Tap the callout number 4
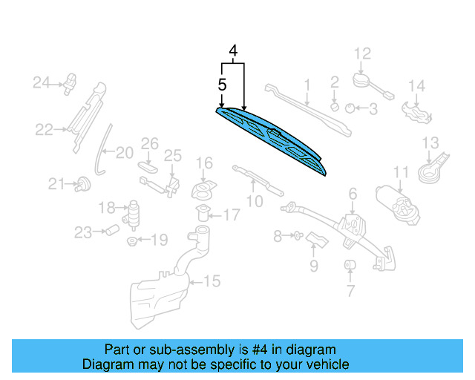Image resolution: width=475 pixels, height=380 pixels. pyautogui.click(x=233, y=51)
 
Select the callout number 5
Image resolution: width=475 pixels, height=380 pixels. pyautogui.click(x=221, y=85)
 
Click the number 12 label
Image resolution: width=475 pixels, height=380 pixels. pyautogui.click(x=361, y=53)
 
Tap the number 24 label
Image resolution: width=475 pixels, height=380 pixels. pyautogui.click(x=40, y=82)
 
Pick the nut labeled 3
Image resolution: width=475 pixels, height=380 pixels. pyautogui.click(x=350, y=108)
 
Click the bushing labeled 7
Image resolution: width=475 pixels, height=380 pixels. pyautogui.click(x=347, y=266)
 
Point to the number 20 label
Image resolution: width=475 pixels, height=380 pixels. pyautogui.click(x=124, y=153)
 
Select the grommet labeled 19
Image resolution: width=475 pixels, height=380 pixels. pyautogui.click(x=131, y=240)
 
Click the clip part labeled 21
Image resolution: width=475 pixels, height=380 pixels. pyautogui.click(x=82, y=183)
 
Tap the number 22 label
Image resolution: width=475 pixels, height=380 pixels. pyautogui.click(x=45, y=131)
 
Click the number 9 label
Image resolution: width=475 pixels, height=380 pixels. pyautogui.click(x=314, y=266)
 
